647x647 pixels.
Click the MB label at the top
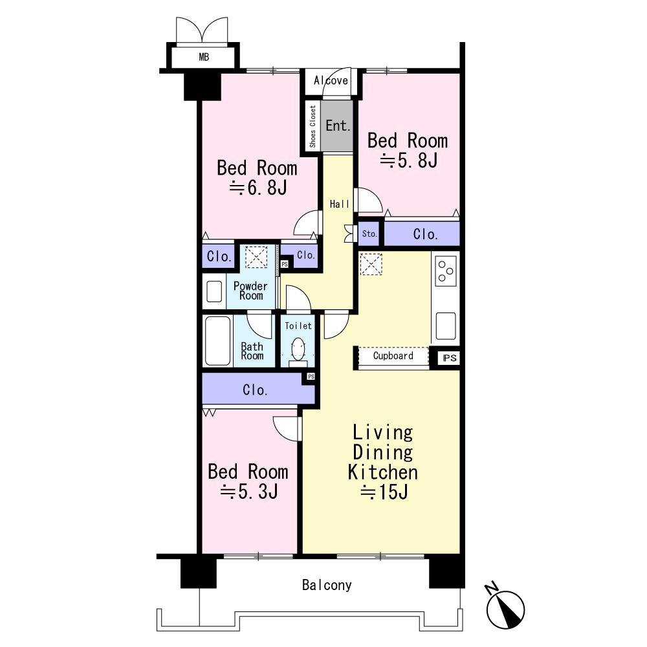coord(204,57)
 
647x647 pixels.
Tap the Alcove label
coord(331,80)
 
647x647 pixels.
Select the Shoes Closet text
coord(313,126)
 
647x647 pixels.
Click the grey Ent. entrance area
coord(337,126)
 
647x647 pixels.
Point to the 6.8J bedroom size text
coord(258,188)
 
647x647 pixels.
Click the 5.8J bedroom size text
coord(408,160)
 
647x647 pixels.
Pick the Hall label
coord(339,204)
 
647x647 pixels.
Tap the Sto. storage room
coord(369,234)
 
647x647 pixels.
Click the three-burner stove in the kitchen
coord(446,270)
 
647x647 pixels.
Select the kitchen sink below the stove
coord(446,326)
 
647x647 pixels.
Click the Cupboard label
coord(393,356)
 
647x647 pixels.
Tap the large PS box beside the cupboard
coord(450,358)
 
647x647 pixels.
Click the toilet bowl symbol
coord(298,349)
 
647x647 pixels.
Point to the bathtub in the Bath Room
coord(217,341)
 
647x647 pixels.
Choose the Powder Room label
coord(250,291)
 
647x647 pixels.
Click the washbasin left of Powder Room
coord(214,291)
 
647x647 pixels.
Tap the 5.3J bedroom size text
coord(249,492)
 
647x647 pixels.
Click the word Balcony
coord(327,585)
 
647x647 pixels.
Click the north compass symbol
coord(505,608)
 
